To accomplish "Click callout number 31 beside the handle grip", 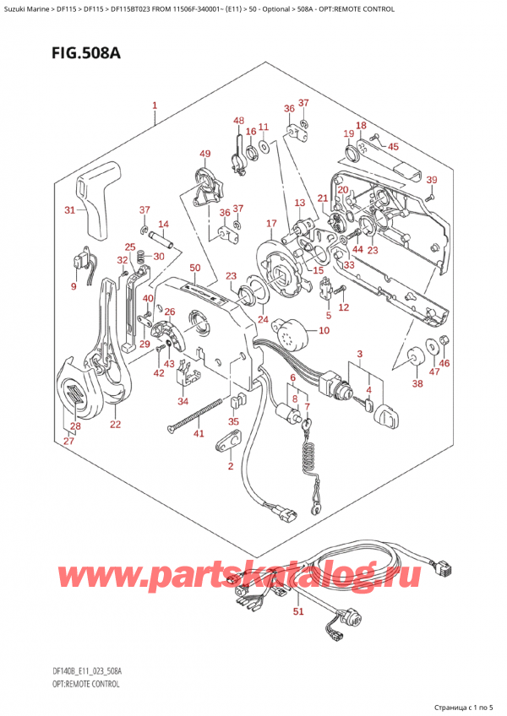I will tap(69, 210).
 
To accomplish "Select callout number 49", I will tap(204, 153).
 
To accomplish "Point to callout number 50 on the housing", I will tap(195, 268).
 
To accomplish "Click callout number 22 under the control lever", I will tap(115, 424).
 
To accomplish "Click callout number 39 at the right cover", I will tap(431, 181).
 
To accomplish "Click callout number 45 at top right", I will tap(393, 145).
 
